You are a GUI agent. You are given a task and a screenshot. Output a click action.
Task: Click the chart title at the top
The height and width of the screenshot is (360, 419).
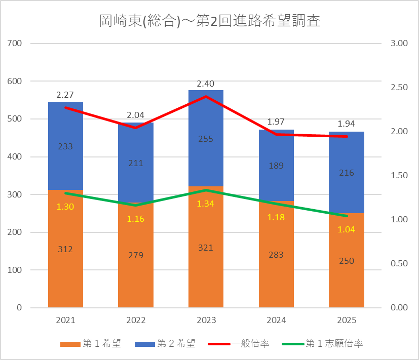pos(210,21)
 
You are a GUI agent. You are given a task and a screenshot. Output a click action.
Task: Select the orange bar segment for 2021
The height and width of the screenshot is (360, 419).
pos(65,249)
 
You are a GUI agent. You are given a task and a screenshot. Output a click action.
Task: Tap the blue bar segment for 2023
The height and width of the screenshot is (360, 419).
pos(206,138)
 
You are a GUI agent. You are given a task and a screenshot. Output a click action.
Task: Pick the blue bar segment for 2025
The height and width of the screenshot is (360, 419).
pos(347,172)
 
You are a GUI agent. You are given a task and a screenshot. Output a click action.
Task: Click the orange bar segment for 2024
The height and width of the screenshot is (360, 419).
pos(276,254)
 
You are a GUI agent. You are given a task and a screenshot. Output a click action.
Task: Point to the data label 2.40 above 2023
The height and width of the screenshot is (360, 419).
pos(206,84)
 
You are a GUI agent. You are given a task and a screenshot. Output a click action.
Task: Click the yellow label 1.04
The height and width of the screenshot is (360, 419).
pos(347,229)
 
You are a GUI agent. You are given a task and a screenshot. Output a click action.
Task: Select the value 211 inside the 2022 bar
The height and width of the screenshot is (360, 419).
pos(136,163)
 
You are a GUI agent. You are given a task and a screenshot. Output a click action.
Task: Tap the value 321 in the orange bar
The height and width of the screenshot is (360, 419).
pos(206,248)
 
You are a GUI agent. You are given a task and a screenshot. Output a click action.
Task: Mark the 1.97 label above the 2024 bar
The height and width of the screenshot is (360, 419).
pos(276,122)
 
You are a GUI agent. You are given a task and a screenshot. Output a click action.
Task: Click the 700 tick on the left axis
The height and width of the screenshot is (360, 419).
pos(14,43)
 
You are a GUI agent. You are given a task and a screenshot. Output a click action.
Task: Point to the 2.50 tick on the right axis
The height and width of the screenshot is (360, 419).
pos(399,87)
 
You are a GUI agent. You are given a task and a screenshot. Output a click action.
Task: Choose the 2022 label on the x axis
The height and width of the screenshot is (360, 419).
pos(136,320)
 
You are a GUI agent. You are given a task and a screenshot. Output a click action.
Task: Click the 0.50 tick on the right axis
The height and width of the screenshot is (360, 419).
pos(399,263)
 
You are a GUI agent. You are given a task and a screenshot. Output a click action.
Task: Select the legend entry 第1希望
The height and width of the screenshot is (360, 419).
pos(91,343)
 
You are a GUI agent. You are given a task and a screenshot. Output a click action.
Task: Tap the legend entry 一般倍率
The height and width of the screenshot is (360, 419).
pos(238,343)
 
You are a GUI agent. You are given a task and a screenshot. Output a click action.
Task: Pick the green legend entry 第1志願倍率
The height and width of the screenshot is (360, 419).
pos(323,343)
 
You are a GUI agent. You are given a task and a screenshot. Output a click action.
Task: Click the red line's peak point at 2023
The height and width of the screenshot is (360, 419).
pos(206,96)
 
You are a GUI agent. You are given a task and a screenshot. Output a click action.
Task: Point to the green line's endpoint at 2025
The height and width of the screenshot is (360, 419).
pos(347,216)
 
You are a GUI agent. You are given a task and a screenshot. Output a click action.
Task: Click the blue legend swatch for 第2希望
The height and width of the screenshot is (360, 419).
pos(145,344)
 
